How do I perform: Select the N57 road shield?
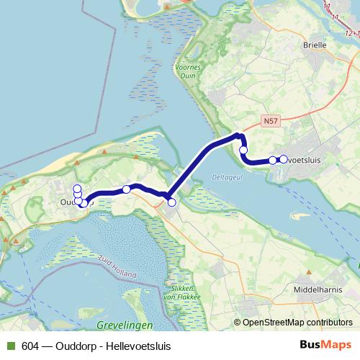[270, 122]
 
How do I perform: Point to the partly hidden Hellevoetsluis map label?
[303, 160]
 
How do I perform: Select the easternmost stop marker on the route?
[283, 159]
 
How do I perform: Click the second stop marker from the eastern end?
[272, 161]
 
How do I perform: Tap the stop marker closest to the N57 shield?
[243, 150]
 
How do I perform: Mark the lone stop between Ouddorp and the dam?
[127, 189]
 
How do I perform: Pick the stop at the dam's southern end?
[171, 202]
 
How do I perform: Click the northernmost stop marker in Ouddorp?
[77, 189]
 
